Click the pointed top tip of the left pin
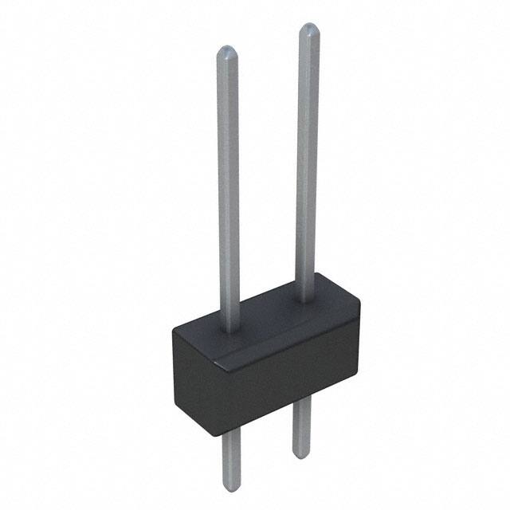(x=227, y=49)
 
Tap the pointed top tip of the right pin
(x=309, y=27)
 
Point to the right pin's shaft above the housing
(x=310, y=159)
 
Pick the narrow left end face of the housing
(x=195, y=375)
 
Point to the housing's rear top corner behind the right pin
(x=319, y=274)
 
